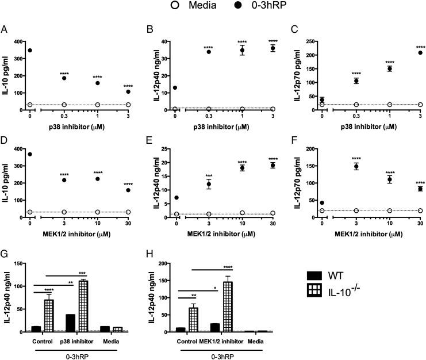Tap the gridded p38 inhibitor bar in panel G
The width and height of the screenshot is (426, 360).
coord(87,297)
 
